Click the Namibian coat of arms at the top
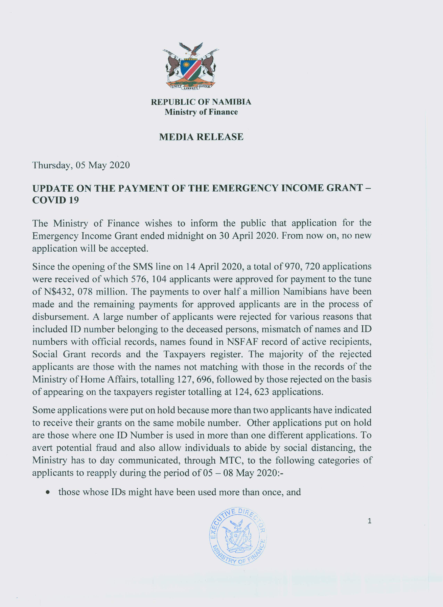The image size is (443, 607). (190, 66)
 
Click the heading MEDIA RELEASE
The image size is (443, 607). (201, 137)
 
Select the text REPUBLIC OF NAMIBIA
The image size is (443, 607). (201, 102)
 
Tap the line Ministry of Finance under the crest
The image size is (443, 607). (201, 112)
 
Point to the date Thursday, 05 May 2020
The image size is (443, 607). (81, 165)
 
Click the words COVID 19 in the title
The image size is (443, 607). (56, 200)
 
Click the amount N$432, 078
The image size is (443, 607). (62, 292)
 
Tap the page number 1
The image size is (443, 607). (369, 521)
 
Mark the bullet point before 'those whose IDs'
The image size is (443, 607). (48, 492)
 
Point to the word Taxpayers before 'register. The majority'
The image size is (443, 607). (184, 354)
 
